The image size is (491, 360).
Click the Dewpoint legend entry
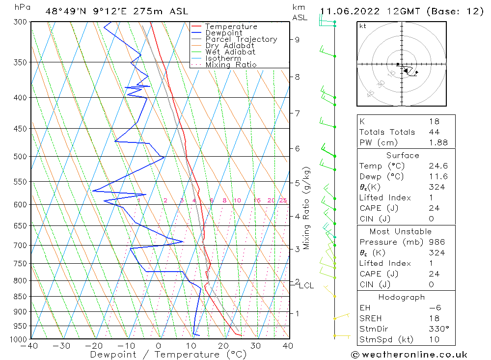(x=223, y=33)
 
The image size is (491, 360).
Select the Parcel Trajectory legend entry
(x=241, y=39)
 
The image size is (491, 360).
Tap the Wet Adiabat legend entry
(x=230, y=52)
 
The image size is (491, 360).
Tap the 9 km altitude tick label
(x=297, y=39)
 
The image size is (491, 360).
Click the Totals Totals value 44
(x=434, y=132)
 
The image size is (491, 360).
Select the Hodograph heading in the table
(x=402, y=297)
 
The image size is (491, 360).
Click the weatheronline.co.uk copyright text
(x=409, y=355)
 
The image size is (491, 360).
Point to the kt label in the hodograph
(x=363, y=26)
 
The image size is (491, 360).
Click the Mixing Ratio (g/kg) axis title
(x=307, y=208)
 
